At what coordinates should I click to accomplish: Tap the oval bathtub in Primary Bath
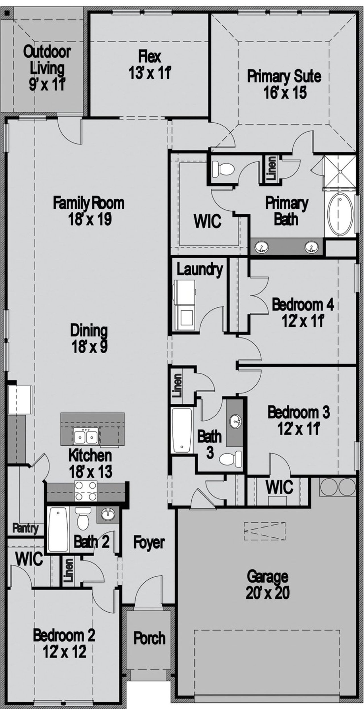pos(340,215)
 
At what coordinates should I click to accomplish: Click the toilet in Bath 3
pos(231,459)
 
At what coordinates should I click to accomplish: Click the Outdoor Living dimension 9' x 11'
pos(47,84)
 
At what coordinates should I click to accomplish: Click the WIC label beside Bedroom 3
pos(279,487)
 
